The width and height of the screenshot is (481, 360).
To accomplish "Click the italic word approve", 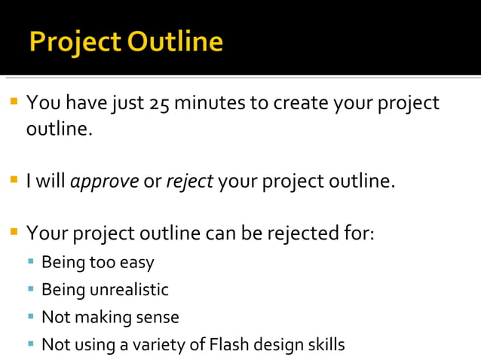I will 104,182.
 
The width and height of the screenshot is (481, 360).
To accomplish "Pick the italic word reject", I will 189,182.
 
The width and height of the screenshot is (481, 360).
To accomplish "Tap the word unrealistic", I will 130,290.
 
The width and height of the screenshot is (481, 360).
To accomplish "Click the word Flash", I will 228,345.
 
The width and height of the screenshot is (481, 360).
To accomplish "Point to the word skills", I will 326,345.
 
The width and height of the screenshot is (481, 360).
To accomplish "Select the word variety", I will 158,345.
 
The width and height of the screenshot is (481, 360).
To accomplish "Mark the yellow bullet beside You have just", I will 14,101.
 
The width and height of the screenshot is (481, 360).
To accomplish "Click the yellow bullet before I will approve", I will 14,179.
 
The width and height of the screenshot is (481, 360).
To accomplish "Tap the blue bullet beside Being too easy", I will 31,261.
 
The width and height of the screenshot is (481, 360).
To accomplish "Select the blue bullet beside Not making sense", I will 31,316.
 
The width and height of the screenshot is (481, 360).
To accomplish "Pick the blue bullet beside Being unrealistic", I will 31,288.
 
